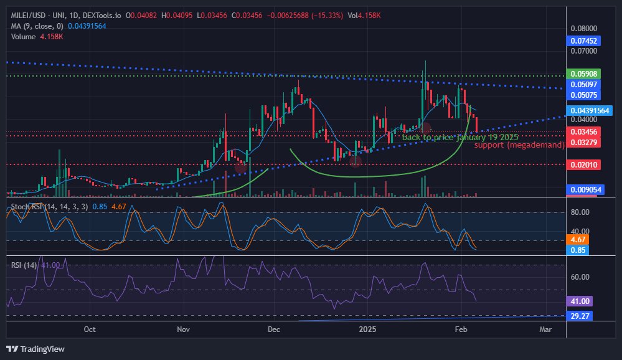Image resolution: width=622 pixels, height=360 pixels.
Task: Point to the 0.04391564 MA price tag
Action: [x=591, y=110]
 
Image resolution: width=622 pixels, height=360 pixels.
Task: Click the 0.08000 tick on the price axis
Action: [x=584, y=29]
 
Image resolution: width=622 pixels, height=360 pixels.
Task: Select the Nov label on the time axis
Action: [x=182, y=329]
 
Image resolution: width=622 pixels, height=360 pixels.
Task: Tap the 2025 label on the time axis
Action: [x=367, y=329]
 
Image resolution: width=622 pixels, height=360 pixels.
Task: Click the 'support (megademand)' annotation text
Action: [x=519, y=145]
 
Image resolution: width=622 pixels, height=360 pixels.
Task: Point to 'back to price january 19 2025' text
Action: [x=459, y=137]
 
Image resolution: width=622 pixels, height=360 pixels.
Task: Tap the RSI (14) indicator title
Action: [x=24, y=265]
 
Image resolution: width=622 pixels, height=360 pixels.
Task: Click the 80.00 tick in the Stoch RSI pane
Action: [x=580, y=212]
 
